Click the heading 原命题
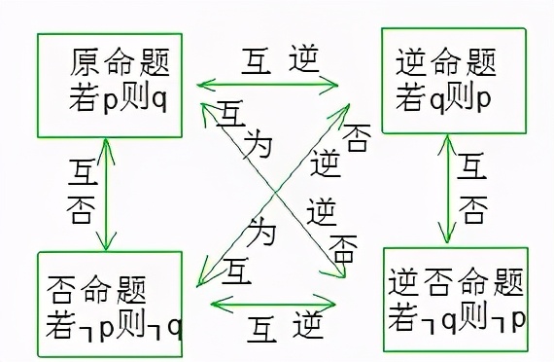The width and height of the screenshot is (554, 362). [x=120, y=65]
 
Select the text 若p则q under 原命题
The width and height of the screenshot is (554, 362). [x=120, y=98]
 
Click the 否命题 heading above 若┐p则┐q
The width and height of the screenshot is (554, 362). [x=96, y=289]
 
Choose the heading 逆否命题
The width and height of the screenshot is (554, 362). [x=456, y=284]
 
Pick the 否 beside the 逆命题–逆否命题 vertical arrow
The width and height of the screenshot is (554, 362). [x=473, y=207]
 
